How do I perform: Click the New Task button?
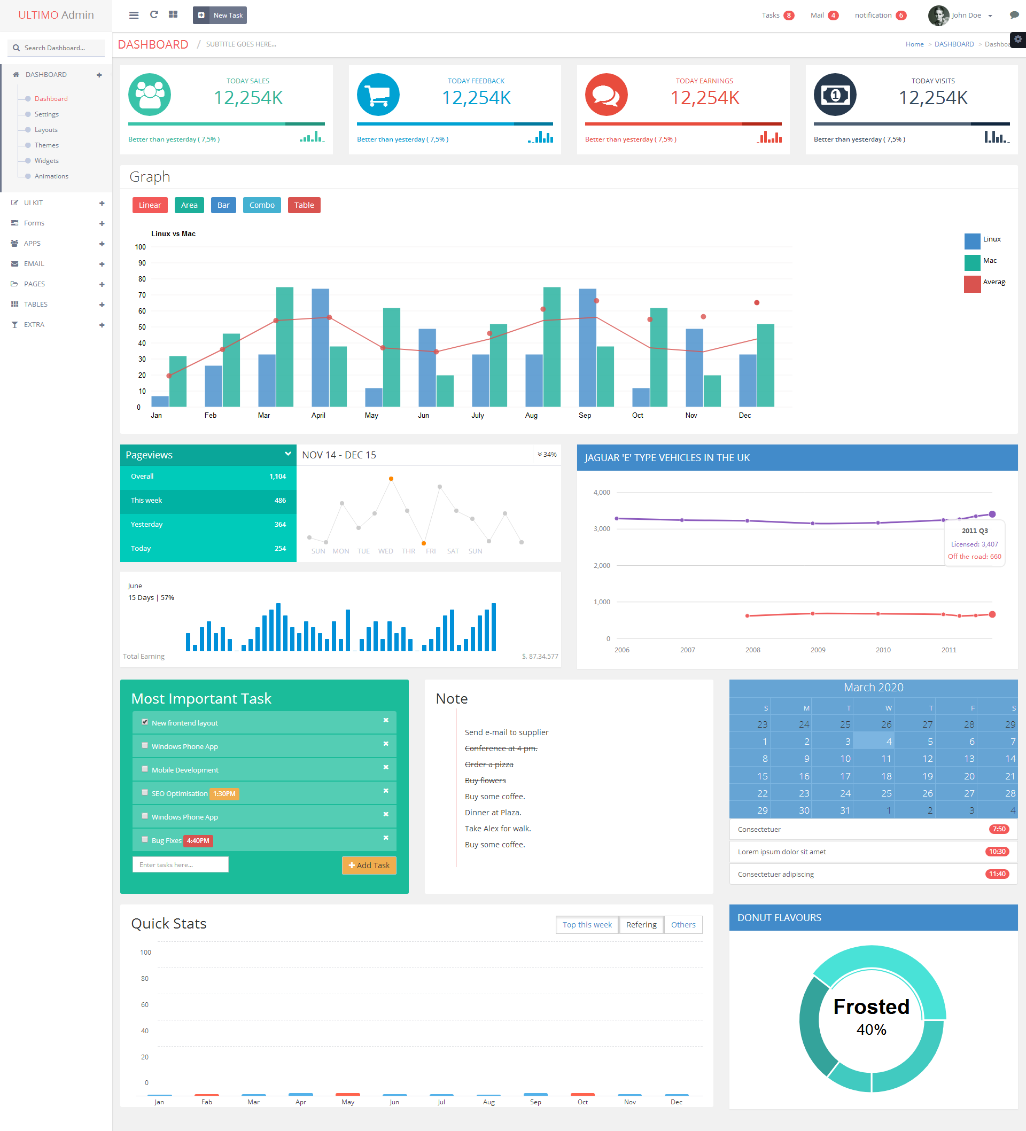(x=220, y=15)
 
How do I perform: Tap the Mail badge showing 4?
(x=833, y=15)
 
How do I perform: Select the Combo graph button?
(x=261, y=205)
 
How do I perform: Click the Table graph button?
(x=304, y=205)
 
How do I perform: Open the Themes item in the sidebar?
(x=46, y=145)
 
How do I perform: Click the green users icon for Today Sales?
(x=150, y=95)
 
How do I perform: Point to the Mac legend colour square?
(x=972, y=262)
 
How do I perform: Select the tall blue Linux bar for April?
(x=320, y=348)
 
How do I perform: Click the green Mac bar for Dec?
(x=766, y=365)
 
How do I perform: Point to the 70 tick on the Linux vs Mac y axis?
(x=142, y=295)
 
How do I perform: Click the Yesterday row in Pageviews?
(x=208, y=525)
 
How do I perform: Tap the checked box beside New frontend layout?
(x=145, y=722)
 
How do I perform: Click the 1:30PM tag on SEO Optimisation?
(x=224, y=794)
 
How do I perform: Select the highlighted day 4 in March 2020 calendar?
(x=873, y=740)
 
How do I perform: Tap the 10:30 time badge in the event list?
(x=997, y=852)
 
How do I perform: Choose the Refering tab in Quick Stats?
(x=641, y=925)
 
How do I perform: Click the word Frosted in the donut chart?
(x=871, y=1007)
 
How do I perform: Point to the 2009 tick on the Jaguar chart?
(x=818, y=650)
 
